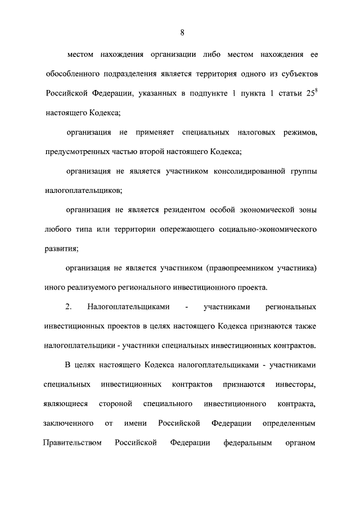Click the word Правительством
click(72, 443)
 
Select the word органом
click(302, 443)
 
